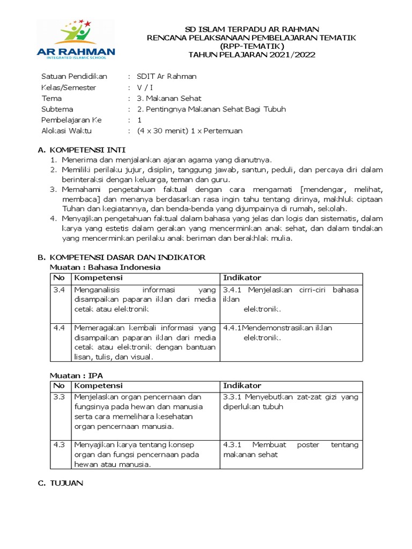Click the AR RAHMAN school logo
click(76, 40)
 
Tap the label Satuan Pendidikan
click(75, 76)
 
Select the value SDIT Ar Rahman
click(167, 76)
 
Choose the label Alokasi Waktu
click(69, 131)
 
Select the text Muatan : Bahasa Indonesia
click(105, 267)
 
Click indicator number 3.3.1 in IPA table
click(232, 397)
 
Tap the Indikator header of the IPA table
click(242, 386)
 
